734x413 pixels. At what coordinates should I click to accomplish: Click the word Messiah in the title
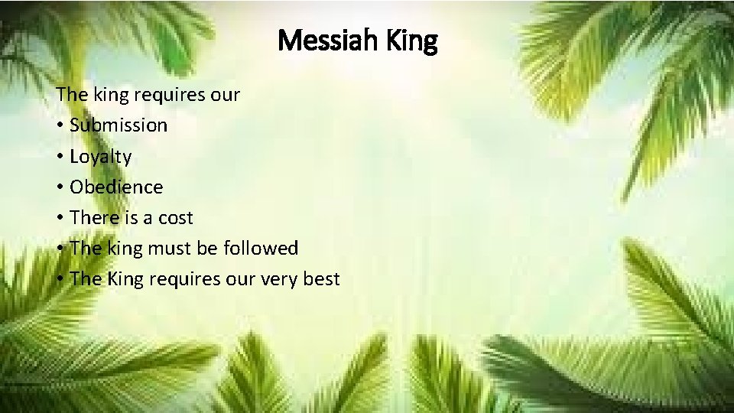[324, 41]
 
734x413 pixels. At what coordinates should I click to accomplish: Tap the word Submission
[118, 125]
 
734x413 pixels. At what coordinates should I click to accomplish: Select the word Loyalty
[100, 157]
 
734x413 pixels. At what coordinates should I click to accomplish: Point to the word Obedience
[116, 187]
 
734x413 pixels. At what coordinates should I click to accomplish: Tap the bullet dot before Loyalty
[60, 157]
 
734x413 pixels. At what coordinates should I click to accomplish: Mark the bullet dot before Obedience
[60, 187]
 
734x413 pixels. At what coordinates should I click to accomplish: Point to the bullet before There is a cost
[60, 218]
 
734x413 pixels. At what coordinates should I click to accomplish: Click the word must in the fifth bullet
[177, 249]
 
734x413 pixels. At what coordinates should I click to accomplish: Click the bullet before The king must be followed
[60, 249]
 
